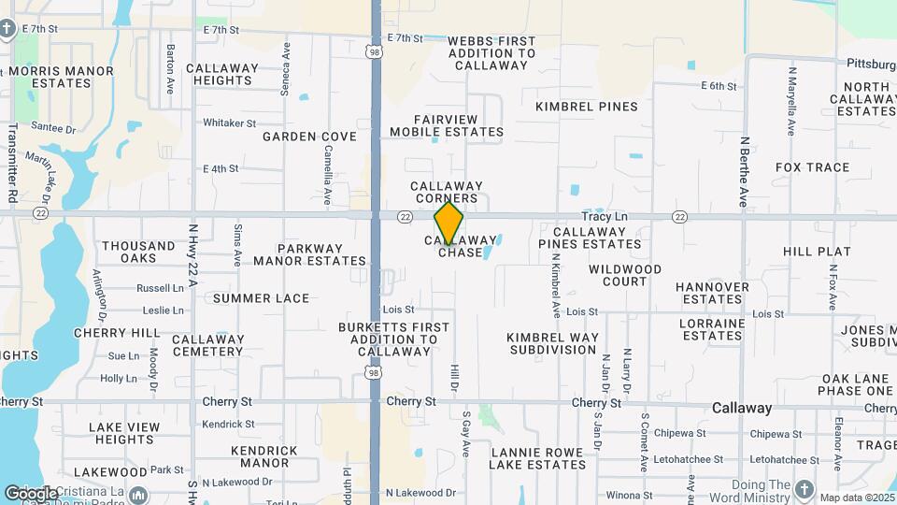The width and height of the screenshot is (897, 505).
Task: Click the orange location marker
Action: (x=448, y=223)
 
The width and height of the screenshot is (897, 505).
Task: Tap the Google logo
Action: (x=31, y=493)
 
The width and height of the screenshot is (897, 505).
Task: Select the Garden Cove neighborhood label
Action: (x=309, y=137)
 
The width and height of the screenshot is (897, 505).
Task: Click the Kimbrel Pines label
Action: (x=587, y=107)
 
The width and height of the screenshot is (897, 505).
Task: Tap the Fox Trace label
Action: (x=812, y=167)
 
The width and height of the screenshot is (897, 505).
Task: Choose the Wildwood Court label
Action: (x=625, y=275)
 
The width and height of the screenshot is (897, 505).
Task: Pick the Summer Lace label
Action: (x=261, y=298)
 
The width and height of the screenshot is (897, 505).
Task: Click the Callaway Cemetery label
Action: (x=208, y=345)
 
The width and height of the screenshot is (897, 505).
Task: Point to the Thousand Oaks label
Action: (x=138, y=252)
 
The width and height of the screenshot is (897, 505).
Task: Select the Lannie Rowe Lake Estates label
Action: (x=538, y=457)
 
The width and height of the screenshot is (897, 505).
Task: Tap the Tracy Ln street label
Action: (x=605, y=216)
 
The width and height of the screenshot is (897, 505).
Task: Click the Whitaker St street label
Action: (x=229, y=123)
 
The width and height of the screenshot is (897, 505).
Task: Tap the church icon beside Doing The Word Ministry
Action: (x=804, y=488)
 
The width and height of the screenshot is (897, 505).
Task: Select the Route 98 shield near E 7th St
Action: (x=375, y=54)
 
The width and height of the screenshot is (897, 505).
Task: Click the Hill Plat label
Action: (x=817, y=252)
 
